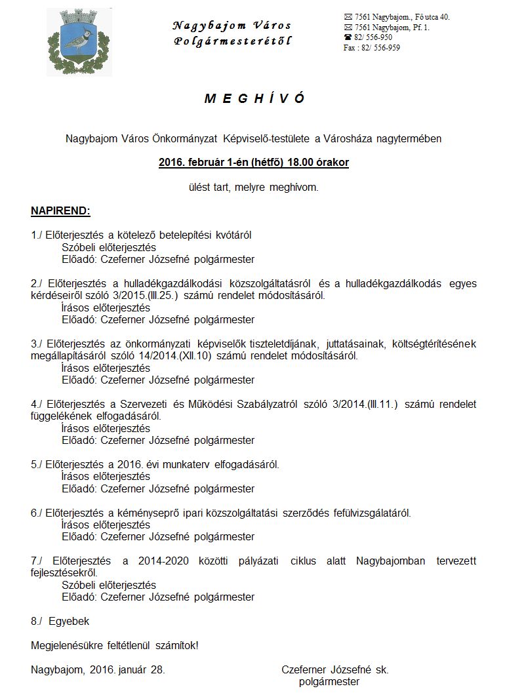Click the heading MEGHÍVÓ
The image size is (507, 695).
254,99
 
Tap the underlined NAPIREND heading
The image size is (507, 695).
60,211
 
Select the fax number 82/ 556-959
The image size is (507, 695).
380,48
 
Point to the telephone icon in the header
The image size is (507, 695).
348,37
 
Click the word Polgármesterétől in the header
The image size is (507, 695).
233,41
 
